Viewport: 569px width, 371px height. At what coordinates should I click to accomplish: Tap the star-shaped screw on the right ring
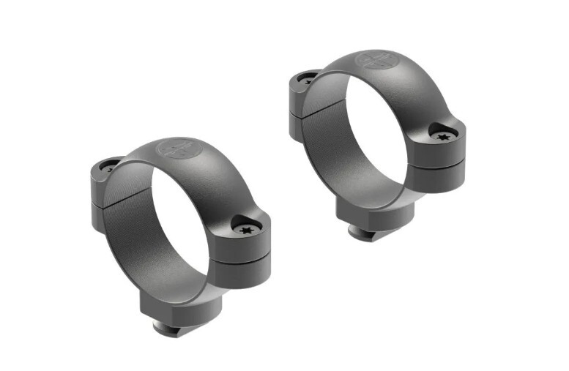pos(441,136)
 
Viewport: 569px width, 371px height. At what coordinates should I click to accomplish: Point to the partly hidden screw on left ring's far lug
pos(110,167)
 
